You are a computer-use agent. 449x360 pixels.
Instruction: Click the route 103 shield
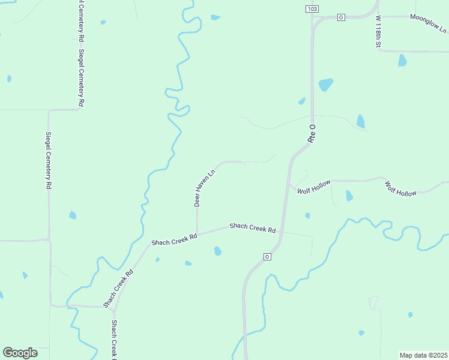(x=312, y=9)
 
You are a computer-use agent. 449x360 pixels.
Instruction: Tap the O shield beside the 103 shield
(x=340, y=17)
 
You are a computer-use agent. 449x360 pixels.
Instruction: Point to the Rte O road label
(x=312, y=133)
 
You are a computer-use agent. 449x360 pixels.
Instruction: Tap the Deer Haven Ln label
(x=205, y=187)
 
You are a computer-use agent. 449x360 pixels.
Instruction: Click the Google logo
(x=20, y=353)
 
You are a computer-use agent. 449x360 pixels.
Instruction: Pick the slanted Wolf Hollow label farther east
(x=400, y=189)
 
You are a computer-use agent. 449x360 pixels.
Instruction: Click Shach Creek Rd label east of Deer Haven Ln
(x=252, y=228)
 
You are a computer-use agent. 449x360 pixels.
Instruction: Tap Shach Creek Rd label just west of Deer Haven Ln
(x=174, y=238)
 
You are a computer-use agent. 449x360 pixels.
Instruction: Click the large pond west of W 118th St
(x=325, y=84)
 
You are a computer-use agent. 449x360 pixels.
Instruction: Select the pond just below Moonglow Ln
(x=402, y=61)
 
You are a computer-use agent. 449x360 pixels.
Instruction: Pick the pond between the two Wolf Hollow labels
(x=349, y=196)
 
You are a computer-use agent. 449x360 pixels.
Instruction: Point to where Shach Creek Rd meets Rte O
(x=282, y=230)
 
